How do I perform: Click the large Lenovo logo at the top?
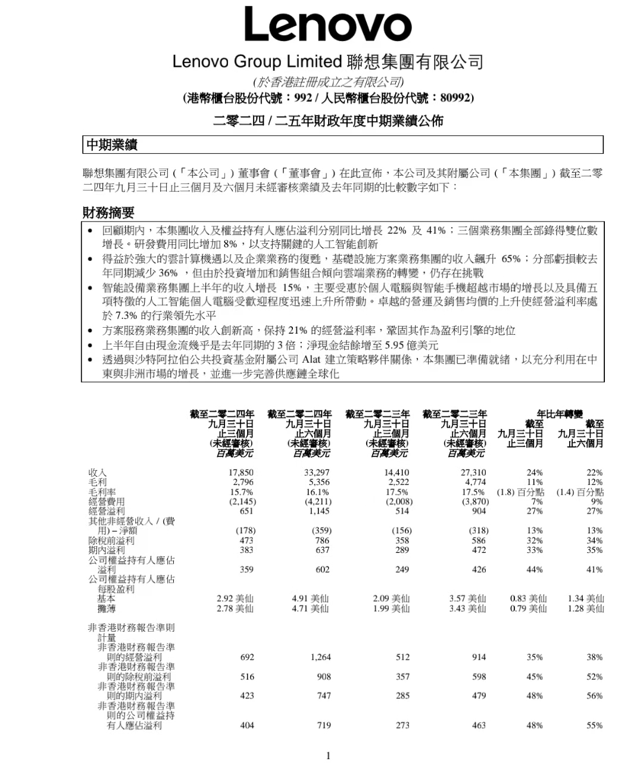tap(327, 25)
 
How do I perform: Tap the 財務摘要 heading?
tap(108, 212)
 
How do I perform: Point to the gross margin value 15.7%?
tap(242, 492)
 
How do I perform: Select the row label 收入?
tap(98, 472)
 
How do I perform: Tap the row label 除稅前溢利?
tap(111, 540)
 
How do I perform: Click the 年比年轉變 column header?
tap(559, 414)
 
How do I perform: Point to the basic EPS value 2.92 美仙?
tap(235, 598)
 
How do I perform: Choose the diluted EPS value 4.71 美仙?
tap(310, 608)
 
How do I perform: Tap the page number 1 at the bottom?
tap(328, 756)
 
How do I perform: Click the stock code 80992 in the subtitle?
tap(456, 98)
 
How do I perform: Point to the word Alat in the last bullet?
tap(311, 359)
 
